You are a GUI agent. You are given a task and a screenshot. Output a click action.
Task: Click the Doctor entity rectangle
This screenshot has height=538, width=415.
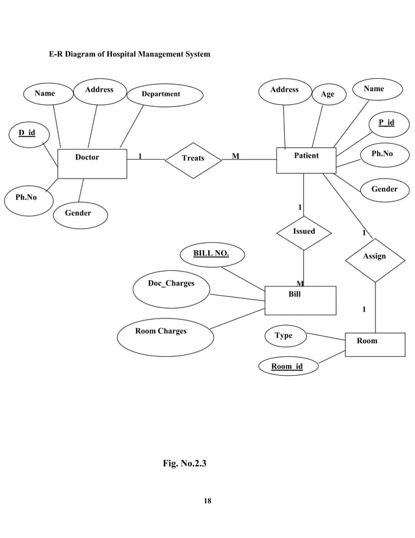coord(92,163)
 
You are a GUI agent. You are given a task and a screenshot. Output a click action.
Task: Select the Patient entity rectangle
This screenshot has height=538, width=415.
coord(306,160)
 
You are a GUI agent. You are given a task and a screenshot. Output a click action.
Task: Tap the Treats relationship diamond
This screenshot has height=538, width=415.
coord(193,158)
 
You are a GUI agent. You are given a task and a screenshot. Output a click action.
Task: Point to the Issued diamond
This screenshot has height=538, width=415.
coord(304,232)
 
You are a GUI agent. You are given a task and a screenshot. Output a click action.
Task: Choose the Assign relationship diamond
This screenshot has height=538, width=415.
coord(375,257)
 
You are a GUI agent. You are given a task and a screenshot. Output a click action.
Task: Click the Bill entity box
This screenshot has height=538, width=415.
coord(300,300)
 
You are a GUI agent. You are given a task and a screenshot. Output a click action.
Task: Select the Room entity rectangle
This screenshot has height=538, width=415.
coord(374,344)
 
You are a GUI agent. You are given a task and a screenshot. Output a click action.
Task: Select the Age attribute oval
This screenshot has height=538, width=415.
coord(327,94)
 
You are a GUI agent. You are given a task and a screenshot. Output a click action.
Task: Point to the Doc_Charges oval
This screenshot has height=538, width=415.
coord(171,289)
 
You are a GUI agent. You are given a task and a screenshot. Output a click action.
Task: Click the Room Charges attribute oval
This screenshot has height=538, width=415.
coord(161,335)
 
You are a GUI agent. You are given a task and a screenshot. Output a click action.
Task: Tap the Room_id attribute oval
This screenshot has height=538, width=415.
coord(286,367)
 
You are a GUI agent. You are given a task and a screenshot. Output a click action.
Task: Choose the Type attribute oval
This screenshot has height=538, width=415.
coord(284,336)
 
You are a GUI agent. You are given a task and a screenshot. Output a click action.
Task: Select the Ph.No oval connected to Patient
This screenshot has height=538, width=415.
coord(385,154)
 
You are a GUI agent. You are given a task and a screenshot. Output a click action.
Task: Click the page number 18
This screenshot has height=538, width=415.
coord(207,501)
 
